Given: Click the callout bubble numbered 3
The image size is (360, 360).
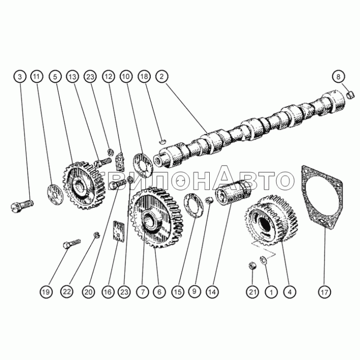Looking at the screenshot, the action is [x=20, y=76].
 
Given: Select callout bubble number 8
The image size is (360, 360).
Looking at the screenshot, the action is [x=338, y=76].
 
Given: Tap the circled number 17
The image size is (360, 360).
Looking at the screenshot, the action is [x=324, y=292].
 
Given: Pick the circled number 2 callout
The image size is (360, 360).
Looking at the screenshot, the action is [x=162, y=76].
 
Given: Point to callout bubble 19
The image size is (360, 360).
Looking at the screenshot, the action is [x=46, y=292].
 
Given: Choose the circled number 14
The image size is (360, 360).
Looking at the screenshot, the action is [x=212, y=292].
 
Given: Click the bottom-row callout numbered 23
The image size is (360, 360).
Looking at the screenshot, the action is [x=124, y=292].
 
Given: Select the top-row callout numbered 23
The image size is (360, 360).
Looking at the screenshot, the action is [x=90, y=76].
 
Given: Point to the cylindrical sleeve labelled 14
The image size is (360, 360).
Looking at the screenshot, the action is [x=233, y=193].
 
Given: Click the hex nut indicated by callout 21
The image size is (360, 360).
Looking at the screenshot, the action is [x=252, y=266].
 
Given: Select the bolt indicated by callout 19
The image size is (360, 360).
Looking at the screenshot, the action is [x=71, y=244].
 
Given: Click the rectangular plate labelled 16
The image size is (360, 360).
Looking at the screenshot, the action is [x=119, y=231].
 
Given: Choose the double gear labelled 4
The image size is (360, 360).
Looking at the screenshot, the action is [x=272, y=220].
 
